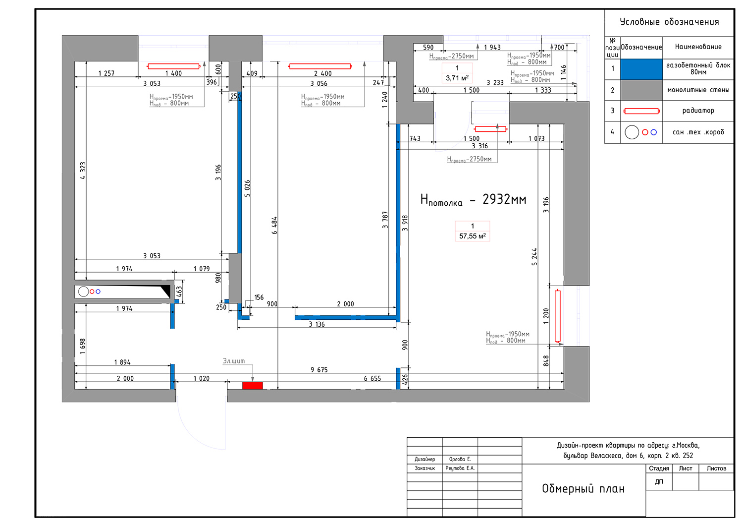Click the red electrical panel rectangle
coord(253,385)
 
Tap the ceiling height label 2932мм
coord(504,199)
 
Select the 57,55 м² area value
coord(473,236)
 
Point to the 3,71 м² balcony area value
coord(457,78)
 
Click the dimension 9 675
coord(319,370)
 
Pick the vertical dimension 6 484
coord(274,226)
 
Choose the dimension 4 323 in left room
coord(83,171)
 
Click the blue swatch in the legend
coord(641,69)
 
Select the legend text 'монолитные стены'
coord(698,90)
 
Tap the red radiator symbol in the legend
coord(641,111)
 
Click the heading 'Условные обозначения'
coord(669,22)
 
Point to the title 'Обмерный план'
coord(583,488)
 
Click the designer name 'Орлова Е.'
coord(460,459)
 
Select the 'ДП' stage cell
coord(659,481)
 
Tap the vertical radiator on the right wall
coord(558,316)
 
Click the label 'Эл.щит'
coord(234,360)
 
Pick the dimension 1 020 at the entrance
coord(201,378)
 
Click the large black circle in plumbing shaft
coord(83,292)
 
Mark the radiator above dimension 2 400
coord(320,66)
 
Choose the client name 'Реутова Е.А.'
coord(460,468)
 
